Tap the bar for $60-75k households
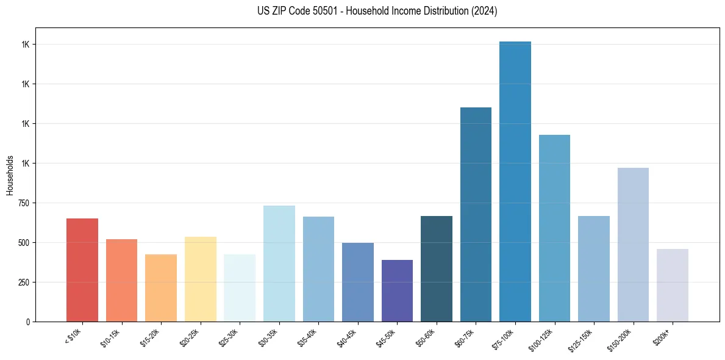pyautogui.click(x=476, y=214)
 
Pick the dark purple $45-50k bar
pyautogui.click(x=397, y=290)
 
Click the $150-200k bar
pyautogui.click(x=633, y=244)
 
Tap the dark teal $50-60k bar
pyautogui.click(x=436, y=268)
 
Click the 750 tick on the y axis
pyautogui.click(x=24, y=203)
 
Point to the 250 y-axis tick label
pyautogui.click(x=24, y=283)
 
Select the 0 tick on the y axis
pyautogui.click(x=27, y=322)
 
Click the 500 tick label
pyautogui.click(x=24, y=243)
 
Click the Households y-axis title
pyautogui.click(x=10, y=175)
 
